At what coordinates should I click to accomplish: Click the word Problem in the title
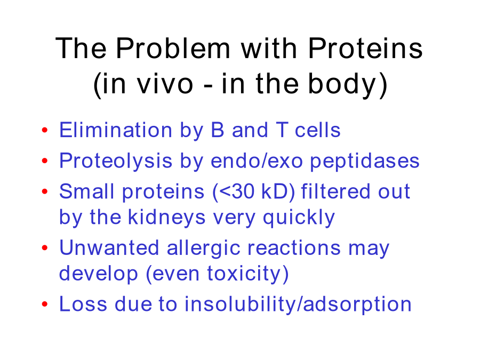click(173, 48)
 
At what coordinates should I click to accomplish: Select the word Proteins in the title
click(365, 48)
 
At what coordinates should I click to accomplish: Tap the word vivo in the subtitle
click(165, 84)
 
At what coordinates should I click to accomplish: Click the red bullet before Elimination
click(45, 130)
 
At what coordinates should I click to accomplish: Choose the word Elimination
click(116, 130)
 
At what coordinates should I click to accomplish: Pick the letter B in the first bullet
click(218, 130)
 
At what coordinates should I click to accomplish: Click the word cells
click(317, 130)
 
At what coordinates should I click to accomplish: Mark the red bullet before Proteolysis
click(45, 161)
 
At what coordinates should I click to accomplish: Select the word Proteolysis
click(116, 161)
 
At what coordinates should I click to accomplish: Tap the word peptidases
click(365, 161)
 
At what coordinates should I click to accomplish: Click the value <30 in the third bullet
click(237, 191)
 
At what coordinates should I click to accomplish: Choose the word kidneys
click(166, 218)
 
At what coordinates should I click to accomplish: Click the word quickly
click(299, 218)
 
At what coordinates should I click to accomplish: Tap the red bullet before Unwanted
click(45, 247)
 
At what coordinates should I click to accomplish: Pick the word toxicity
click(244, 274)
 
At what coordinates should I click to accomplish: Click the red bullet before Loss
click(45, 304)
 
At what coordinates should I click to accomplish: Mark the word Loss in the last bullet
click(83, 304)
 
